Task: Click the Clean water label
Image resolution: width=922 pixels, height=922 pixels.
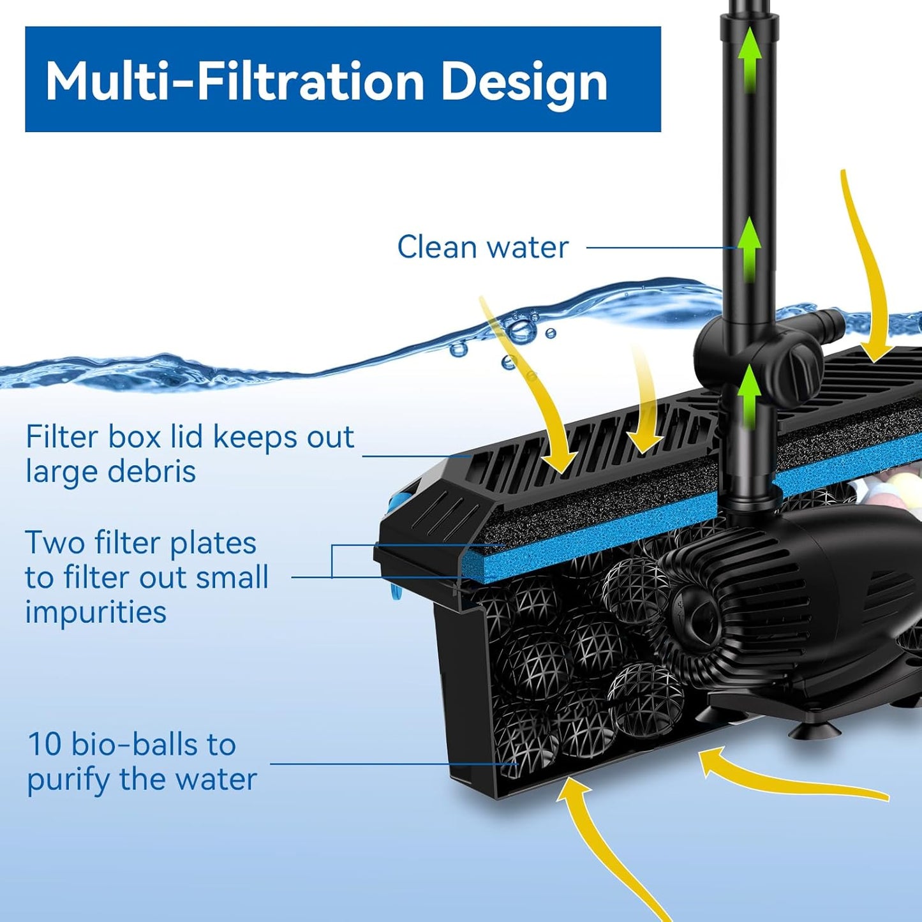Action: click(x=482, y=247)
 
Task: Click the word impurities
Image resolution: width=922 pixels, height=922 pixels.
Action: click(x=96, y=612)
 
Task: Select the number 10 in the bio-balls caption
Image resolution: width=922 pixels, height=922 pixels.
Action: click(x=44, y=745)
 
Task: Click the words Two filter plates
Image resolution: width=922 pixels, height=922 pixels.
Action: click(x=140, y=543)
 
